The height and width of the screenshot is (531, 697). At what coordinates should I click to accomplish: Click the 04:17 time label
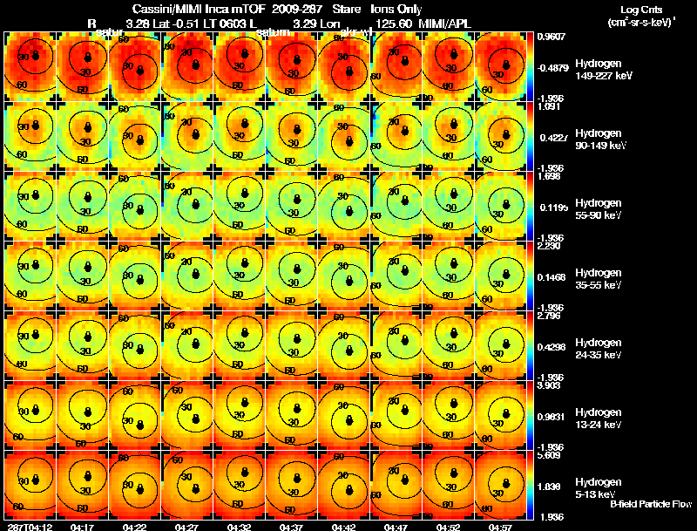(83, 527)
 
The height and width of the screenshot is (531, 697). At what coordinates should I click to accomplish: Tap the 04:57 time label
(501, 527)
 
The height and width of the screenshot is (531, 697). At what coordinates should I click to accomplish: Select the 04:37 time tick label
(292, 527)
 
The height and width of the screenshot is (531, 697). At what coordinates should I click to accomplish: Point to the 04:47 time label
(396, 527)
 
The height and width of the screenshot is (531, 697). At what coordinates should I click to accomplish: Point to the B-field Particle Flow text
(650, 504)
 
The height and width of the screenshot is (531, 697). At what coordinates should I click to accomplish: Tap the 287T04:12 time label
(28, 527)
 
